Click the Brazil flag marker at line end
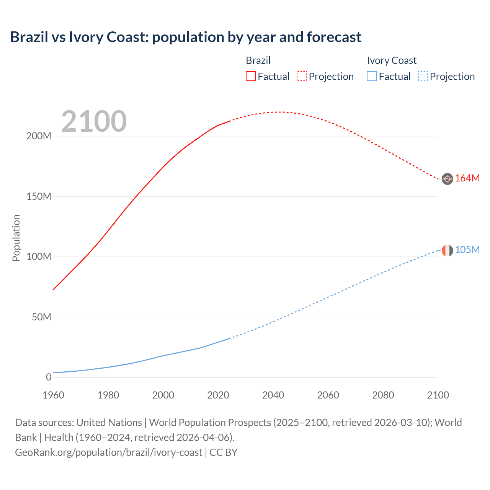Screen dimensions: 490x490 click(447, 179)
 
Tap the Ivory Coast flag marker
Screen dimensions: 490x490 click(447, 250)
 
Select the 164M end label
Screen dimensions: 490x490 click(467, 178)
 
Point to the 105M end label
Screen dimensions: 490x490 click(467, 250)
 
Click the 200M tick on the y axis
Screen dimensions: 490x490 click(39, 136)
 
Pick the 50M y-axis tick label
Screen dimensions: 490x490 click(41, 317)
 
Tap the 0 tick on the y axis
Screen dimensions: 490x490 click(49, 377)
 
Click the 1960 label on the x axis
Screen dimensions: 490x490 click(54, 395)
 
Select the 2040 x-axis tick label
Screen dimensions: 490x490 click(273, 395)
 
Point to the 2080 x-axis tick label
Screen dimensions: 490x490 click(383, 395)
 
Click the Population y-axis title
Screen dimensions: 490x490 click(16, 238)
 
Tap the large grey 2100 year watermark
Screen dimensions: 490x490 click(94, 121)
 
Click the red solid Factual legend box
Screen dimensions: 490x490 click(250, 76)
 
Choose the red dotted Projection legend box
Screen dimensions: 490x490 click(302, 76)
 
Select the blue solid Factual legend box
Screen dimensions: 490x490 click(371, 76)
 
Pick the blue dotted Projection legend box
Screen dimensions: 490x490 click(423, 76)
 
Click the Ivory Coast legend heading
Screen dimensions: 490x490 click(392, 60)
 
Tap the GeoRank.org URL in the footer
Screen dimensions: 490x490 click(108, 452)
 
